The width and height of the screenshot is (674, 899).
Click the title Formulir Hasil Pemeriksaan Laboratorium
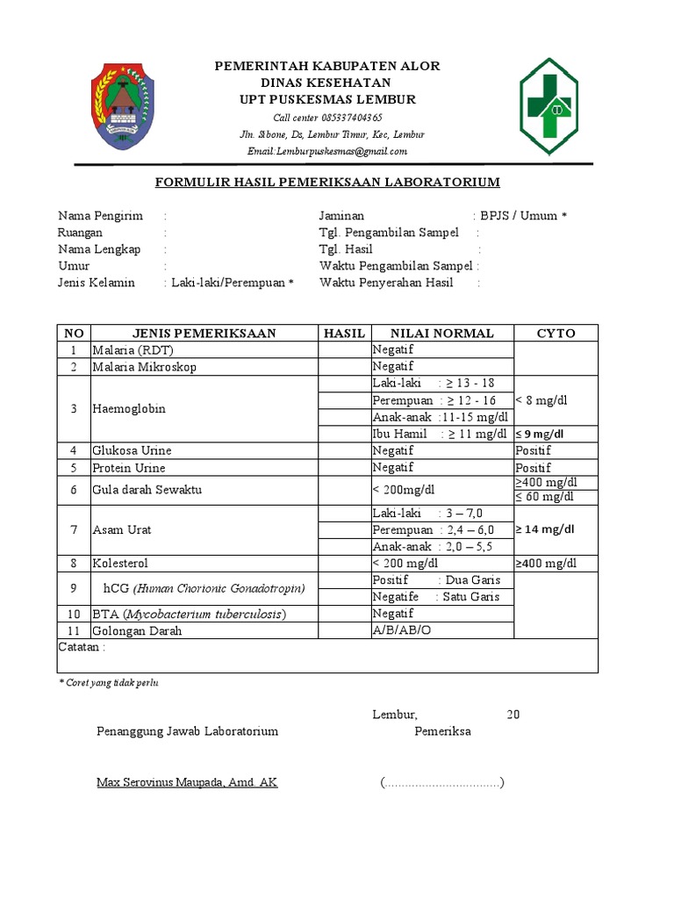[x=327, y=183]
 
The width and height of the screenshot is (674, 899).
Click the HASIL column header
[x=343, y=333]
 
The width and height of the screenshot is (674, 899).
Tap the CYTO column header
[x=556, y=333]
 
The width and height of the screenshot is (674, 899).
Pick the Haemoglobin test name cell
[x=129, y=408]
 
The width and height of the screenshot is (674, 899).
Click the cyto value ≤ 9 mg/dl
[x=540, y=434]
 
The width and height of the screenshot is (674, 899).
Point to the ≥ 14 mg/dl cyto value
[x=545, y=529]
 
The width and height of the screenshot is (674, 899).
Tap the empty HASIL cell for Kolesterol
[x=343, y=563]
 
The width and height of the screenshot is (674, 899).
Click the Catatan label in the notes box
[x=82, y=647]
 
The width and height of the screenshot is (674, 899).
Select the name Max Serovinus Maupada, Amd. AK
[x=187, y=781]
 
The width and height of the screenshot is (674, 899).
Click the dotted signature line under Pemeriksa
[x=442, y=782]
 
